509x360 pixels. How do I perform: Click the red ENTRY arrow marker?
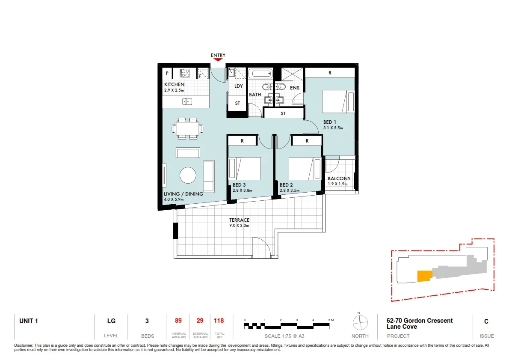(218, 60)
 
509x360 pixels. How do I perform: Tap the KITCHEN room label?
(174, 85)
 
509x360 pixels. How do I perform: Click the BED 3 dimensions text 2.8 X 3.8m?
(243, 190)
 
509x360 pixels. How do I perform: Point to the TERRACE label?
(239, 220)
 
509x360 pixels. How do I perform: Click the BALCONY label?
(339, 179)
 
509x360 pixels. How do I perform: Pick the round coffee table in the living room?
(188, 175)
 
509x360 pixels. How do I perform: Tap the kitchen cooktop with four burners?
(185, 73)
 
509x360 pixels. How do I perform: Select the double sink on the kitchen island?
(187, 101)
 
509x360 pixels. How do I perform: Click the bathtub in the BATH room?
(260, 74)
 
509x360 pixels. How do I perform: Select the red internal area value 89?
(178, 321)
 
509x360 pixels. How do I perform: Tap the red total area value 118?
(219, 321)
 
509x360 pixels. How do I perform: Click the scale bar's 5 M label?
(330, 320)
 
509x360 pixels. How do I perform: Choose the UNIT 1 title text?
(29, 321)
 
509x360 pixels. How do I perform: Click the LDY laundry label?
(238, 86)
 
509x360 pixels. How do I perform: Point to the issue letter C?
(486, 321)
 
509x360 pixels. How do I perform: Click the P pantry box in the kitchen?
(166, 73)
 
